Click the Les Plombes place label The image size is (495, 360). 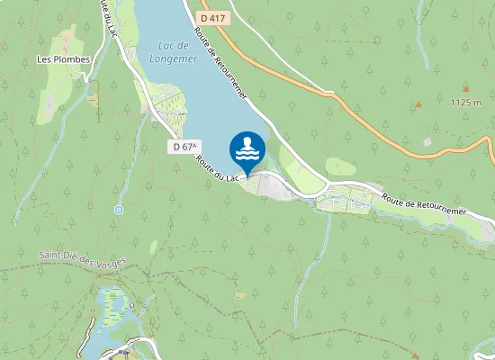63,60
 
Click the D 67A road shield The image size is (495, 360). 186,146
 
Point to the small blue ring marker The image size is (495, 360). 118,210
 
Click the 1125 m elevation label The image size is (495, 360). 466,103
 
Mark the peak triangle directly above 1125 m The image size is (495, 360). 466,89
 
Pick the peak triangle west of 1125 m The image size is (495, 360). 418,104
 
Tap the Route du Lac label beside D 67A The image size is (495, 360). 217,169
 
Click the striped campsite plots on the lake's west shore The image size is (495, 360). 167,101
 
